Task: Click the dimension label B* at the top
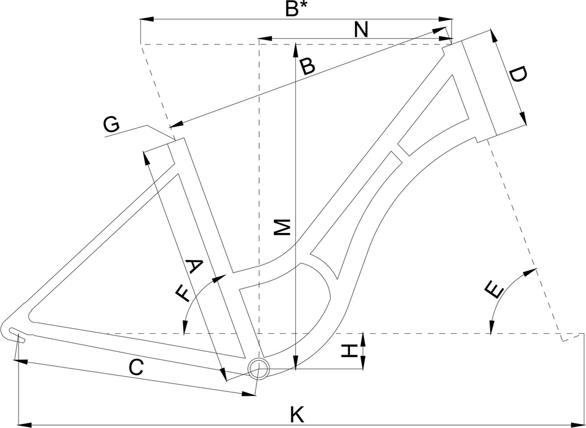[x=296, y=10]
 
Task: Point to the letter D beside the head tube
[x=518, y=75]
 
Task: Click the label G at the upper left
[x=112, y=125]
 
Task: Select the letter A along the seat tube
[x=193, y=266]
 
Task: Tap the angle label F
[x=183, y=293]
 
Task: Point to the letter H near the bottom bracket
[x=350, y=351]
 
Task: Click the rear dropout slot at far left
[x=17, y=333]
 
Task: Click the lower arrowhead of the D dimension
[x=522, y=118]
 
